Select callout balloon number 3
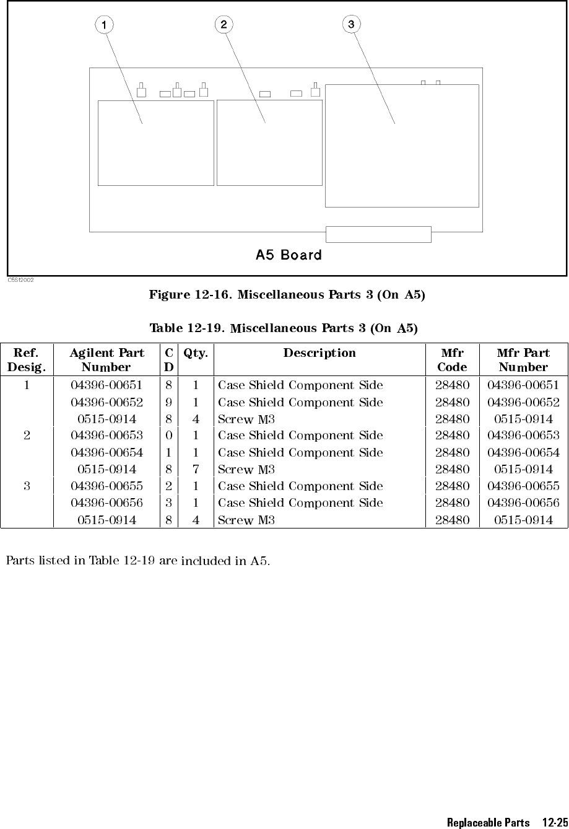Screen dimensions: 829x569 351,24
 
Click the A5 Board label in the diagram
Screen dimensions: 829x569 289,255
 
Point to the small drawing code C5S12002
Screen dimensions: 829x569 20,280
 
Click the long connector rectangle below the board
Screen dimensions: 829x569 378,234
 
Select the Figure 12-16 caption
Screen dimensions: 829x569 287,295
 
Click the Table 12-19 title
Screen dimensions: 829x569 284,328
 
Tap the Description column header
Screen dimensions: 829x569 319,353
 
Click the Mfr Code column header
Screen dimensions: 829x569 452,359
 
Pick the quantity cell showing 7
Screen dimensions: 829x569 196,470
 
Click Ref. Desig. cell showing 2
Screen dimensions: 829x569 27,436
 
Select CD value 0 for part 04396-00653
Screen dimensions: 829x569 168,436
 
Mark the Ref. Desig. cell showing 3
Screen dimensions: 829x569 27,486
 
